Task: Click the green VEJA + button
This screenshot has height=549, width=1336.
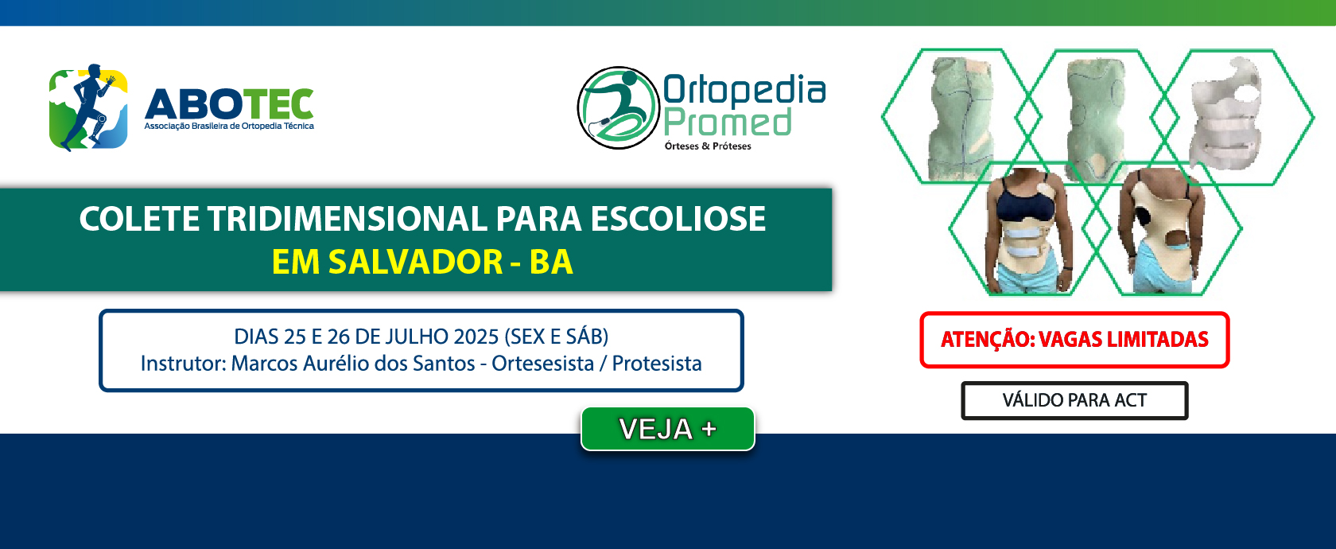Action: point(667,428)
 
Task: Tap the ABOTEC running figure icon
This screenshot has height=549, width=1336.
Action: point(88,107)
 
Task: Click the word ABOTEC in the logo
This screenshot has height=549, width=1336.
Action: point(229,103)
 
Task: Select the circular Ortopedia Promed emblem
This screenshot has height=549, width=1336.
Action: point(619,107)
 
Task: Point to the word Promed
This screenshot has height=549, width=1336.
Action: point(728,123)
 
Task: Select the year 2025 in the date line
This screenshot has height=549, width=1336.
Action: point(476,337)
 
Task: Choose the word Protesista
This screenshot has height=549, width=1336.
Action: point(657,363)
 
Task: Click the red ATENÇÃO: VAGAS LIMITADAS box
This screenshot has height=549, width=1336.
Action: point(1074,340)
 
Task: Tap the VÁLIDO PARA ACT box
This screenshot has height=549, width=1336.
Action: point(1074,400)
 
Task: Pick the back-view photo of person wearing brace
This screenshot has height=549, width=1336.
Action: point(1161,230)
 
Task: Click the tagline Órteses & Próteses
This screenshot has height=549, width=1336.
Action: point(708,146)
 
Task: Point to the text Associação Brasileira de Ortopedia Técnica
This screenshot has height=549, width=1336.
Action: point(229,126)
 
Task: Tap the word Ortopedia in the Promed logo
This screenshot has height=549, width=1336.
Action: point(744,89)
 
